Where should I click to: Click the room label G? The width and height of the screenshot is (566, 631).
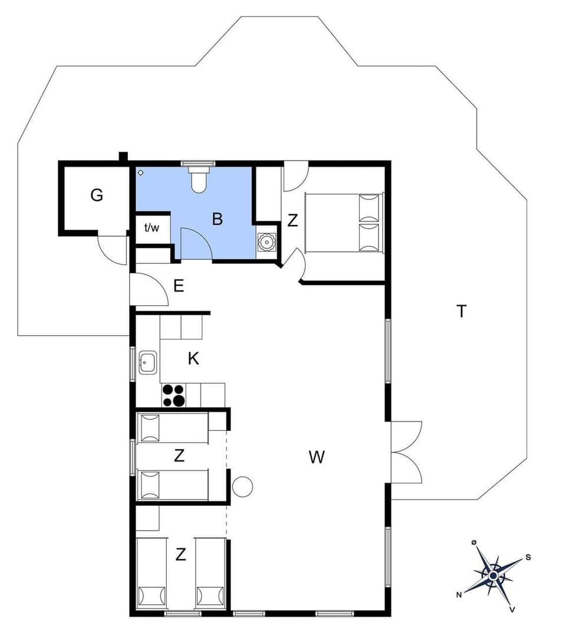(x=97, y=195)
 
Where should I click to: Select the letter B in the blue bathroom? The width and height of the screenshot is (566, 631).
(x=218, y=220)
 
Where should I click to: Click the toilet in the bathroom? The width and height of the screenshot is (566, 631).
(x=198, y=178)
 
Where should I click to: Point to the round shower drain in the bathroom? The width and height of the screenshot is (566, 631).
(x=141, y=172)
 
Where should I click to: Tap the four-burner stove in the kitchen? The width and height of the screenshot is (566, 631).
(x=173, y=395)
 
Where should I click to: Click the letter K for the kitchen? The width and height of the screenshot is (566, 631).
(x=193, y=359)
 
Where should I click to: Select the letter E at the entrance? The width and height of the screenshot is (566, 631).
(x=179, y=287)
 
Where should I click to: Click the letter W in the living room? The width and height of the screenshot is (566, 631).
(x=317, y=456)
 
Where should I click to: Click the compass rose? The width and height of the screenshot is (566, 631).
(x=493, y=574)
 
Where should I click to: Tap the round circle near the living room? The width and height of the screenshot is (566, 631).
(x=242, y=486)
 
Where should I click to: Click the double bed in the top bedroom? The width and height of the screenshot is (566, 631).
(x=343, y=222)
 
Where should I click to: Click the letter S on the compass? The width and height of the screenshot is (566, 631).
(x=528, y=557)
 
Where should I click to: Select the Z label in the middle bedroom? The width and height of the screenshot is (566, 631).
(x=179, y=456)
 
